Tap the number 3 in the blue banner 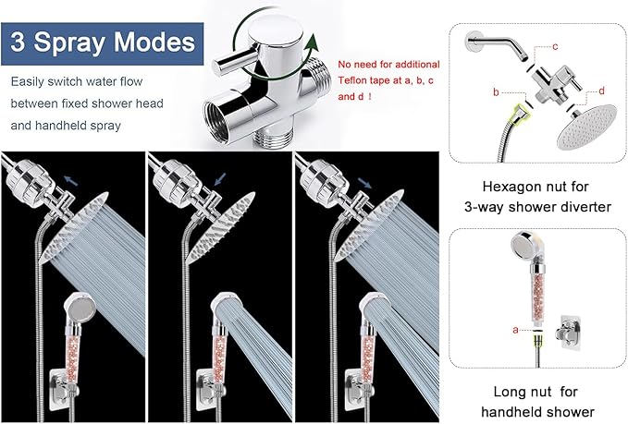[x=18, y=42]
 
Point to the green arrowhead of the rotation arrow [x=311, y=44]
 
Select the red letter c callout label [x=555, y=47]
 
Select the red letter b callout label [x=496, y=92]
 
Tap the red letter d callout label [x=601, y=91]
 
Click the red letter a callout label [x=515, y=330]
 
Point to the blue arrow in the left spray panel [x=70, y=181]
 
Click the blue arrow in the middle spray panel [x=220, y=179]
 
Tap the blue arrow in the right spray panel [x=364, y=183]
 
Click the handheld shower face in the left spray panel [x=81, y=309]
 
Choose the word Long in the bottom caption [x=509, y=392]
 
